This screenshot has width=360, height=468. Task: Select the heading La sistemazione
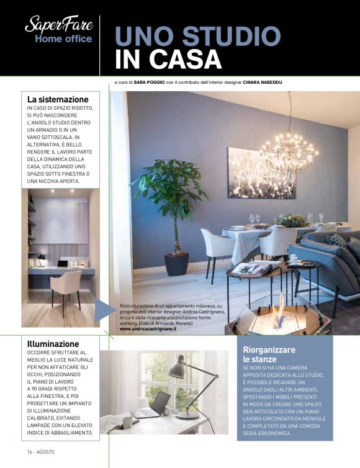pyautogui.click(x=58, y=99)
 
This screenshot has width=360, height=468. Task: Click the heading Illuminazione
pyautogui.click(x=53, y=343)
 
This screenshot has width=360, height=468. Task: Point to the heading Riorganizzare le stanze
pyautogui.click(x=269, y=354)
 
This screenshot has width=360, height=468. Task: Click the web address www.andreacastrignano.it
pyautogui.click(x=148, y=330)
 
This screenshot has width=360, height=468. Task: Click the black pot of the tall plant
pyautogui.click(x=176, y=263)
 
